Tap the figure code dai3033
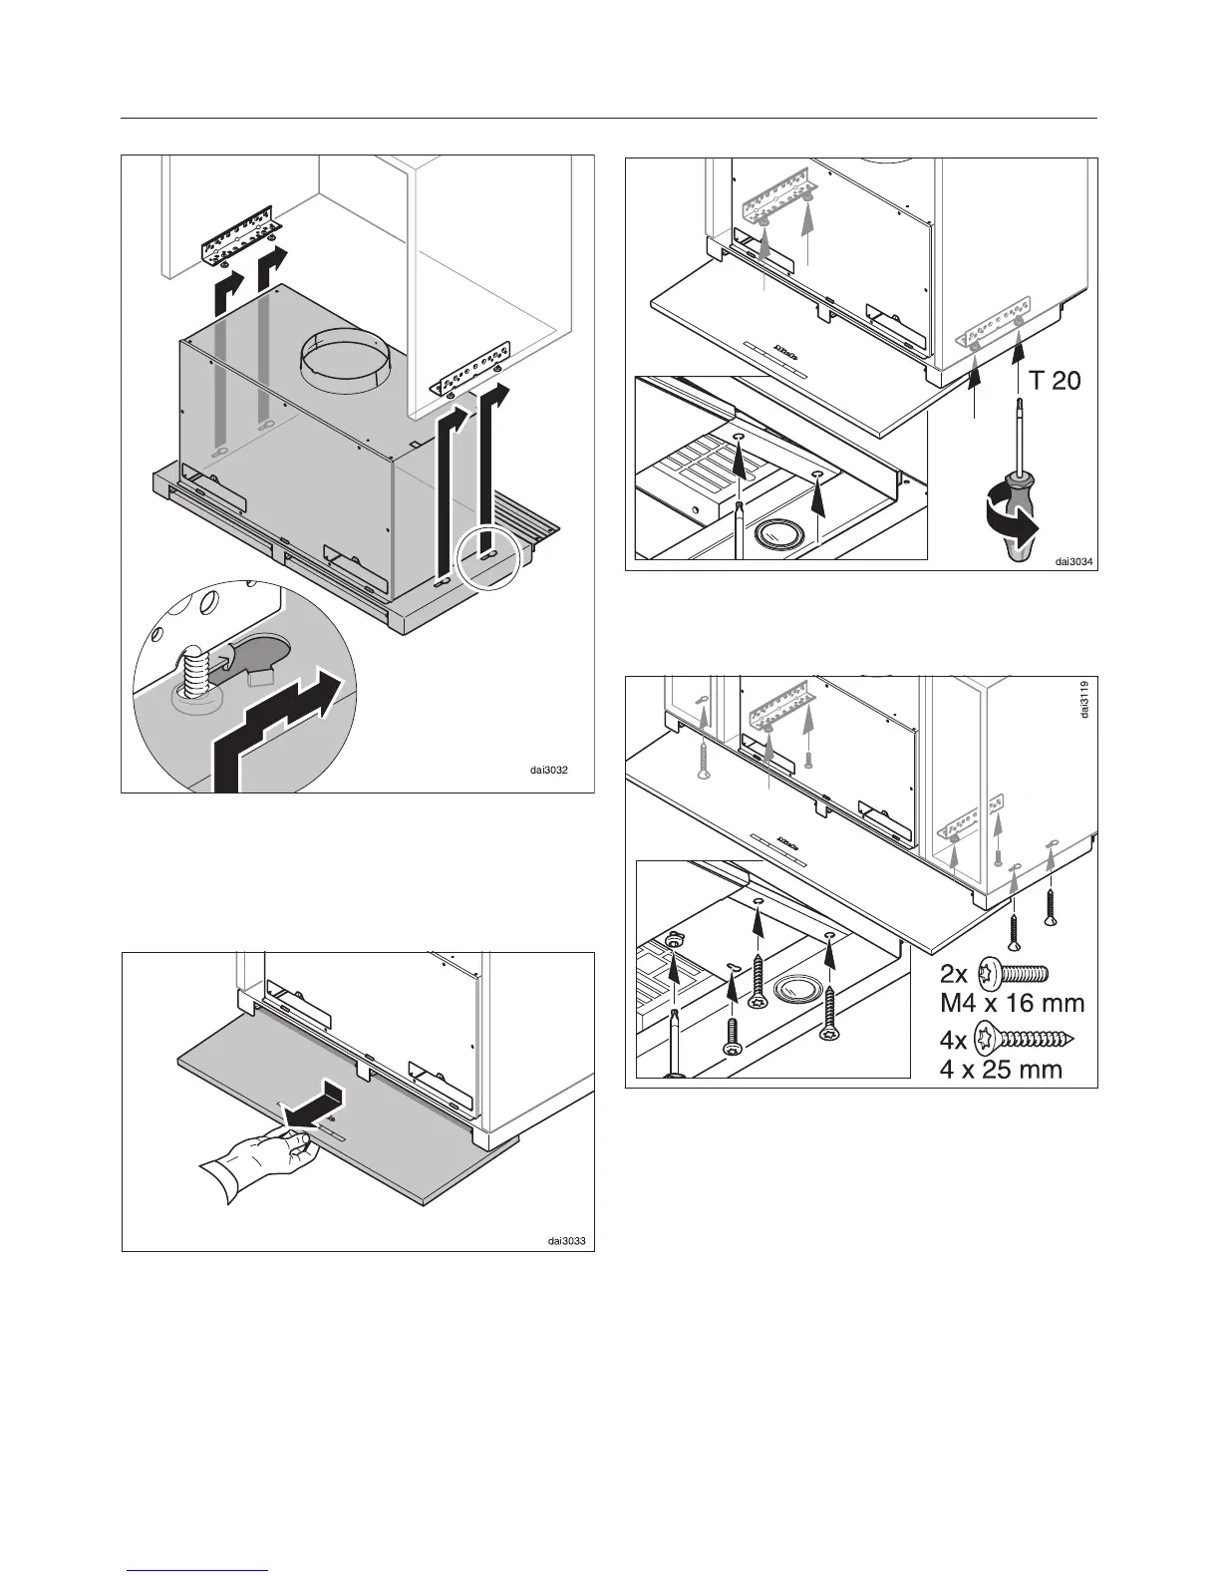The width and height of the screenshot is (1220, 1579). pyautogui.click(x=566, y=1241)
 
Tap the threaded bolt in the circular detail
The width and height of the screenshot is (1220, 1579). pyautogui.click(x=197, y=670)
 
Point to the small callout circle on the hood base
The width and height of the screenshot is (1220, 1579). pyautogui.click(x=487, y=556)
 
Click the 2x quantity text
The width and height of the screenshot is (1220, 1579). pyautogui.click(x=955, y=973)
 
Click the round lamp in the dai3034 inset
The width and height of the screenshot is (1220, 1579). pyautogui.click(x=775, y=534)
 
